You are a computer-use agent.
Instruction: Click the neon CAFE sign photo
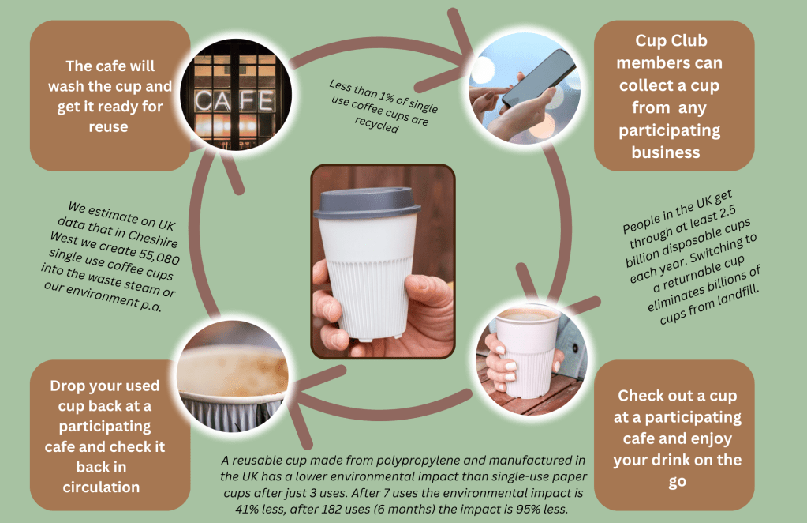coord(236,95)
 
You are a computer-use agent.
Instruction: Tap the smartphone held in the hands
coord(538,77)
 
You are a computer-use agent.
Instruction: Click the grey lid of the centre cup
coord(367,202)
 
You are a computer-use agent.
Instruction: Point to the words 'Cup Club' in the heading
coord(671,41)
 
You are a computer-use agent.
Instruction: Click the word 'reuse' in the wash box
coord(108,126)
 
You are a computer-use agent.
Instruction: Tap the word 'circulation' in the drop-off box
coord(102,487)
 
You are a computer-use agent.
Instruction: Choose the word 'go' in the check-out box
coord(678,482)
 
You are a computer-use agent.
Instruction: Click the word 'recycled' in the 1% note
coord(377,124)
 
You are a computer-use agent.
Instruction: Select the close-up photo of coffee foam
coord(232,376)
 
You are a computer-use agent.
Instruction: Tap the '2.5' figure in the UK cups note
coord(726,211)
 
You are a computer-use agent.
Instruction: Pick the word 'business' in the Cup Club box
coord(666,152)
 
